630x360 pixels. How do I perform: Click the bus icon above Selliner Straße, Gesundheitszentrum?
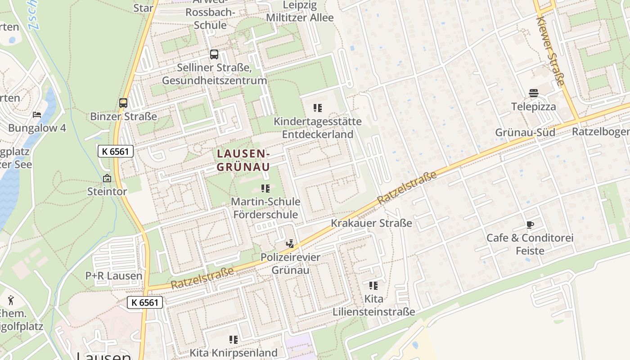(214, 54)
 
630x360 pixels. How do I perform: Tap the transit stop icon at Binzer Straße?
(123, 103)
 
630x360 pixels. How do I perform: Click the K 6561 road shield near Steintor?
(116, 151)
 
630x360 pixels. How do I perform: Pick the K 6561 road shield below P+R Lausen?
(144, 302)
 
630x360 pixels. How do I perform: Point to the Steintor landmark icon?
(107, 178)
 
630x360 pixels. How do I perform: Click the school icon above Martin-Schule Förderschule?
(265, 188)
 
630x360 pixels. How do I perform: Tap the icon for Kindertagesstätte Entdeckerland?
(318, 108)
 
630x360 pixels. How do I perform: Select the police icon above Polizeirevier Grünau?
(290, 244)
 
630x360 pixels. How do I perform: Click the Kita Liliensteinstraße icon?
(373, 286)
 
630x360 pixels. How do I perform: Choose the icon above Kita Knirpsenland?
(233, 340)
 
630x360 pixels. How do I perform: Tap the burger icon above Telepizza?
(534, 94)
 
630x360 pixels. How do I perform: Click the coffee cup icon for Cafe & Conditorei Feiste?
(530, 225)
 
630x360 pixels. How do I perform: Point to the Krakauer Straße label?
(371, 223)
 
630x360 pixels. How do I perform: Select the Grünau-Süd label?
(525, 133)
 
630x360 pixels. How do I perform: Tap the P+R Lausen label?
(114, 276)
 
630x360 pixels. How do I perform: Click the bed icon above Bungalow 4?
(37, 115)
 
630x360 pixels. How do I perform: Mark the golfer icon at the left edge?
(11, 300)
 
